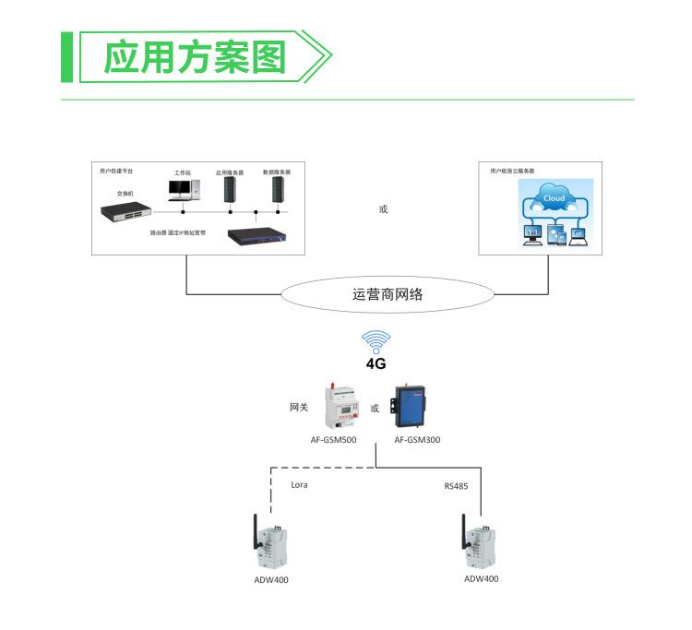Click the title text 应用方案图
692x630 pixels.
click(195, 57)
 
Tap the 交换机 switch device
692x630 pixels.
click(125, 212)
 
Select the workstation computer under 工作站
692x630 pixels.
click(182, 189)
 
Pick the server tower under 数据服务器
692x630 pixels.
click(276, 189)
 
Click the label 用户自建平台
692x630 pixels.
click(116, 172)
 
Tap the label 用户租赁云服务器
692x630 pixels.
click(512, 172)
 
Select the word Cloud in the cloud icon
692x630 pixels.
click(555, 198)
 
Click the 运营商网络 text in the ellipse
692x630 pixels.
click(388, 295)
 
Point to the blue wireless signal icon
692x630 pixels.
click(376, 341)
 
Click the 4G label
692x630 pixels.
click(376, 364)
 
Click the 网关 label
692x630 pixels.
click(298, 407)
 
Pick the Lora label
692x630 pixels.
click(299, 484)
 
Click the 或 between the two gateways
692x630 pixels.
click(375, 408)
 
